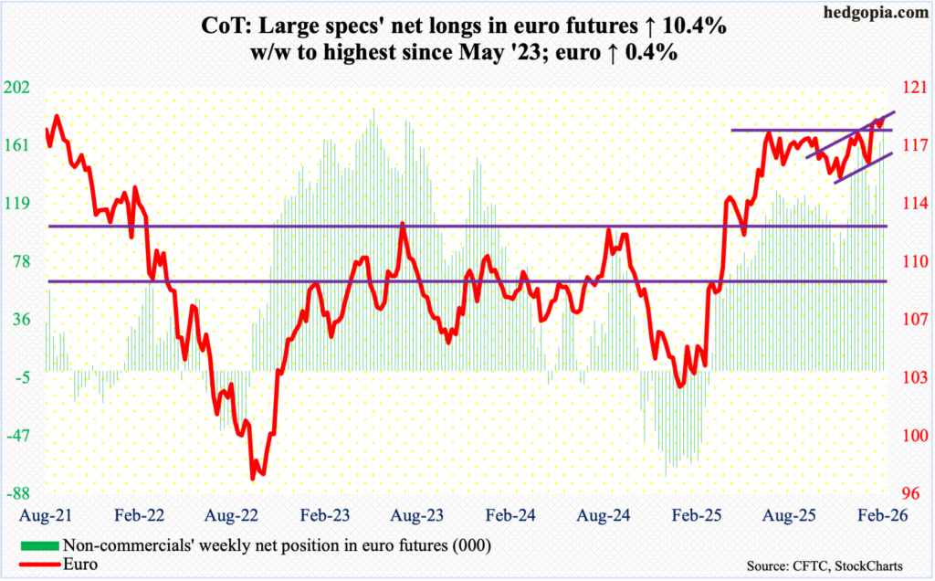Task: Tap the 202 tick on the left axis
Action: click(19, 88)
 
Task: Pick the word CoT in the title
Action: click(226, 27)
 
